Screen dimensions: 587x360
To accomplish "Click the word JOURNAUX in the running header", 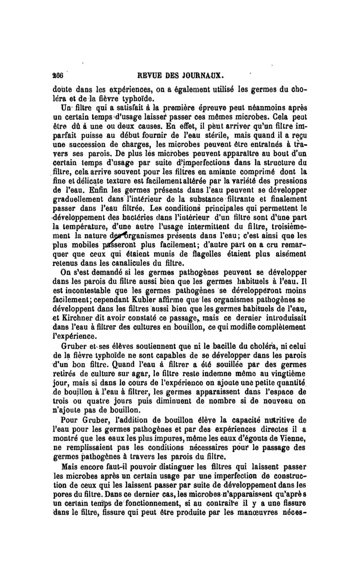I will pyautogui.click(x=204, y=74).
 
